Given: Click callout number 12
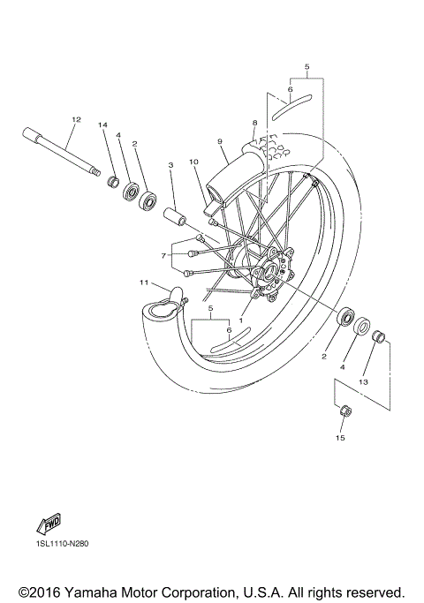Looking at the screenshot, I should [76, 119].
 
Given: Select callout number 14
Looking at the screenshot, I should [102, 125].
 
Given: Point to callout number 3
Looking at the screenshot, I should [170, 164].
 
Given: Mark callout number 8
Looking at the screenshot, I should [254, 124].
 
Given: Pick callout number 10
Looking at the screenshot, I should [193, 162].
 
